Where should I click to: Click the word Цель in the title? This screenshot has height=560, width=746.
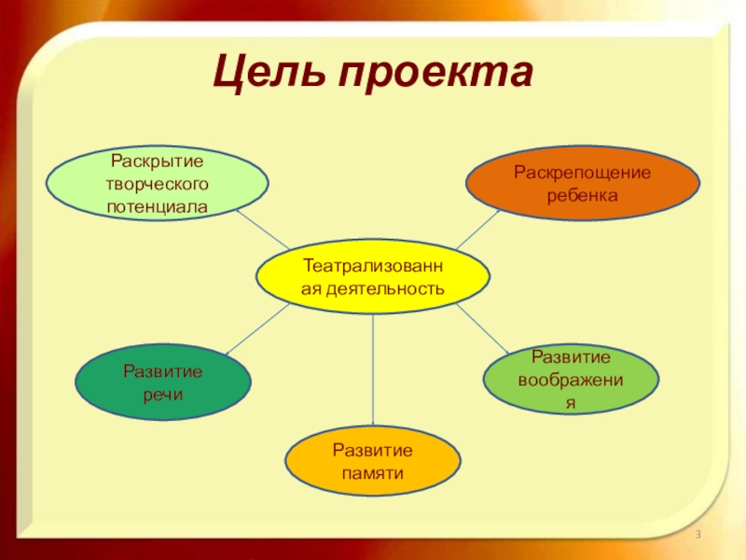coord(271,74)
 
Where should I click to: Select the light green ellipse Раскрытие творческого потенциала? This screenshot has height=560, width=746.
coord(158,184)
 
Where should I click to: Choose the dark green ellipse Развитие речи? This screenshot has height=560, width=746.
coord(163,384)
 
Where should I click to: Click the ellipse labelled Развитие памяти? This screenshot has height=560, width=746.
coord(373,462)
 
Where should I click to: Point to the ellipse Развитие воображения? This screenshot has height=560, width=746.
coord(571,380)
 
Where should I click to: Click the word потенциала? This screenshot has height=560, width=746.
coord(158,204)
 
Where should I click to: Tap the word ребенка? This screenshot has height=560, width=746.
coord(583,196)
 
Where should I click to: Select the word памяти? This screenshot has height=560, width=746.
coord(373,473)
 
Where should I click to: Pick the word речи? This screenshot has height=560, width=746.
coord(163,395)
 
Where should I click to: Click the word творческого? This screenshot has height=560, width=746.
coord(158,184)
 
